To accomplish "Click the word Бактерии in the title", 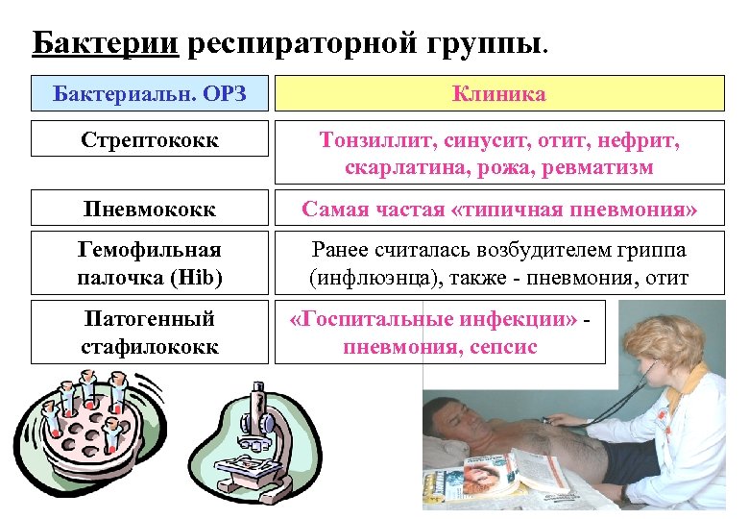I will click(x=104, y=42).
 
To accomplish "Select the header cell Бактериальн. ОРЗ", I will click(x=149, y=93).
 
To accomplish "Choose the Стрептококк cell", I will click(x=149, y=139).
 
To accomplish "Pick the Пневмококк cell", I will click(x=149, y=209).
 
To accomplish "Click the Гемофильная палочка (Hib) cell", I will click(x=149, y=263).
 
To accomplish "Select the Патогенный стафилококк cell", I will click(x=149, y=332).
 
